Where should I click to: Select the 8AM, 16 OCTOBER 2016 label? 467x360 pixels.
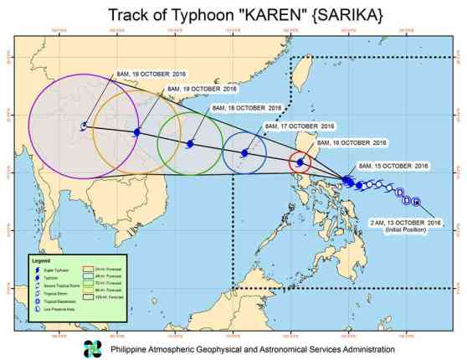(352, 142)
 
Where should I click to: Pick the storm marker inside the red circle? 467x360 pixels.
(300, 162)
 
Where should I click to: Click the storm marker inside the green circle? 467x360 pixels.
(190, 143)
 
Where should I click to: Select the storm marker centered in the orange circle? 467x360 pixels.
(136, 132)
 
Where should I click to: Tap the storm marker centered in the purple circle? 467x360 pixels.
(84, 126)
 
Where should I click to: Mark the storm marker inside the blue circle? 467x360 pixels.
(244, 153)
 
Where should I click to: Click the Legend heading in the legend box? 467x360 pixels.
(43, 261)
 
